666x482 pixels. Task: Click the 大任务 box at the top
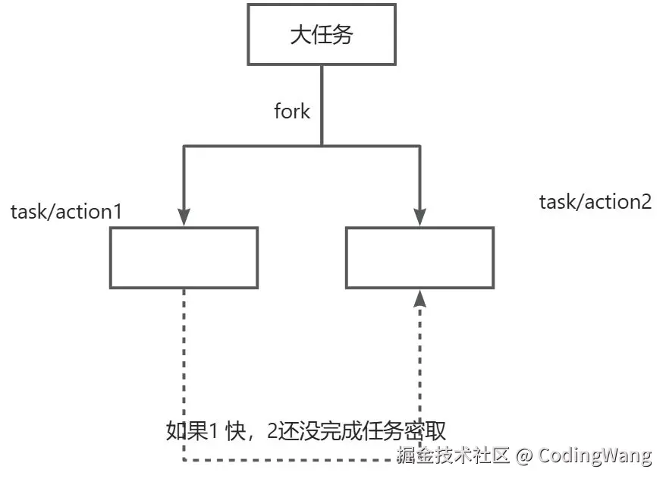[x=322, y=35]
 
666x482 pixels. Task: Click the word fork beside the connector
[x=292, y=111]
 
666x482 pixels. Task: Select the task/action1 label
[x=66, y=211]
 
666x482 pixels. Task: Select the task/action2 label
[x=595, y=201]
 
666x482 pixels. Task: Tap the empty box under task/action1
[x=184, y=257]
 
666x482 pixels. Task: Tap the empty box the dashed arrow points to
[x=419, y=257]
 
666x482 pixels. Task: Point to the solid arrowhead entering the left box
[x=184, y=217]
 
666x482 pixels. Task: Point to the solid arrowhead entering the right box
[x=419, y=217]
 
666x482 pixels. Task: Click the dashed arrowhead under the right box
[x=419, y=298]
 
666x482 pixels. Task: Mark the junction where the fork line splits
[x=322, y=144]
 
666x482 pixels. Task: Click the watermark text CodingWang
[x=595, y=455]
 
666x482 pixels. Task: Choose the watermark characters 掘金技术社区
[x=453, y=455]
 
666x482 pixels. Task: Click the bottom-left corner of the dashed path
[x=184, y=460]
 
